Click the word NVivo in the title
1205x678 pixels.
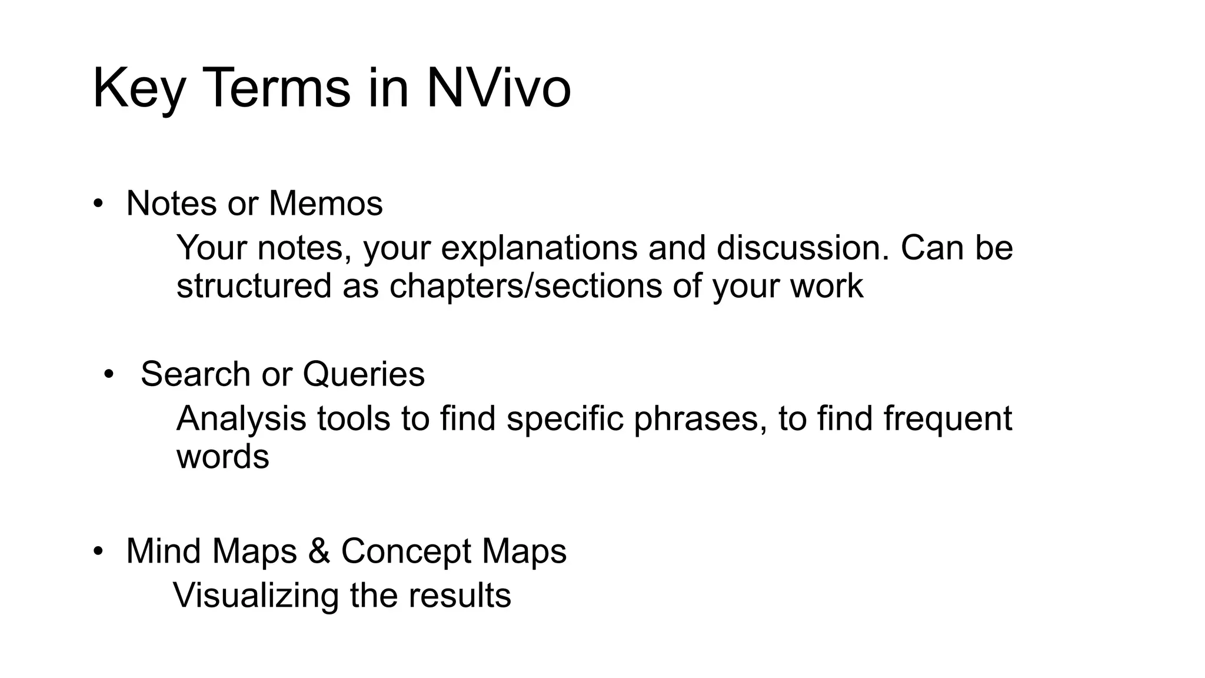[x=498, y=88]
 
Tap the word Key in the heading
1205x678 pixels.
[x=138, y=88]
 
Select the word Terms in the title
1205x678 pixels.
[x=277, y=88]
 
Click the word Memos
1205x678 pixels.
[x=325, y=204]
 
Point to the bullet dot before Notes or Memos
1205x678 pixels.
[x=98, y=204]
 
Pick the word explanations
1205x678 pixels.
[x=539, y=248]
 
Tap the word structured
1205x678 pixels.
[x=254, y=286]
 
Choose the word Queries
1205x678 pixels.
[x=364, y=374]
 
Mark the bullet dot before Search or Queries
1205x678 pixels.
[x=108, y=374]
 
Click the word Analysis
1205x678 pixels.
[x=241, y=418]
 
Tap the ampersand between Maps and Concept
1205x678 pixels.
[x=319, y=551]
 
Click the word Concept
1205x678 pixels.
[x=406, y=551]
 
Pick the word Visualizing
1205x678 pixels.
[x=256, y=596]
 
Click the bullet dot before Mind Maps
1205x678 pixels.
[x=98, y=551]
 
